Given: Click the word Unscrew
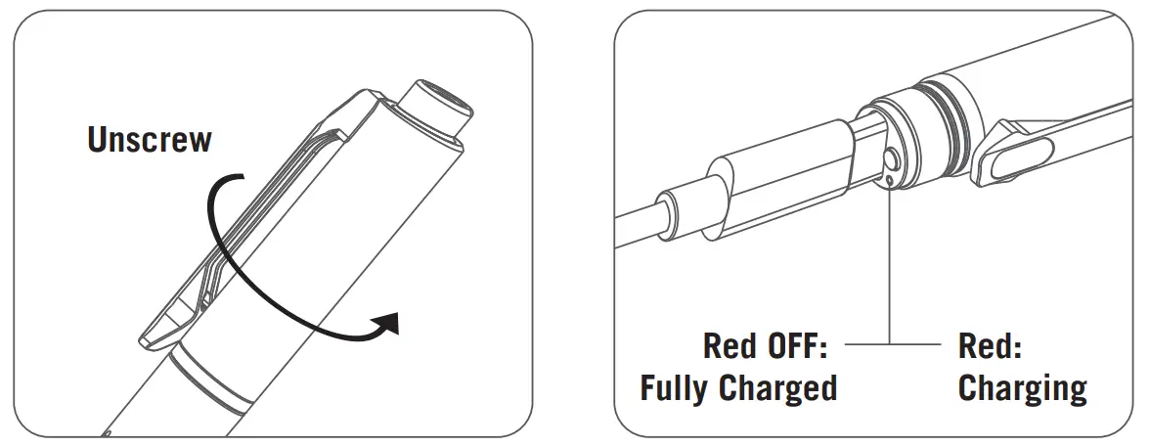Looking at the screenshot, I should point(149,139).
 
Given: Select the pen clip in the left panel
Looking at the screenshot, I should point(264,215).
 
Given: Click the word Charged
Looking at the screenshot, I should point(786,388).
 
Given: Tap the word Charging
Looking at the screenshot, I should point(1022,388).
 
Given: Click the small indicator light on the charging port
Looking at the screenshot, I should point(888,179).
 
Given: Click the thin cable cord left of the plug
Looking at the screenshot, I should point(641,225).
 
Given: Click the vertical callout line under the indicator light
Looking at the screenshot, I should point(889,264).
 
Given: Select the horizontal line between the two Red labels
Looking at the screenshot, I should point(890,344).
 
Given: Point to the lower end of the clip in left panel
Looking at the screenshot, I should point(161,333).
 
